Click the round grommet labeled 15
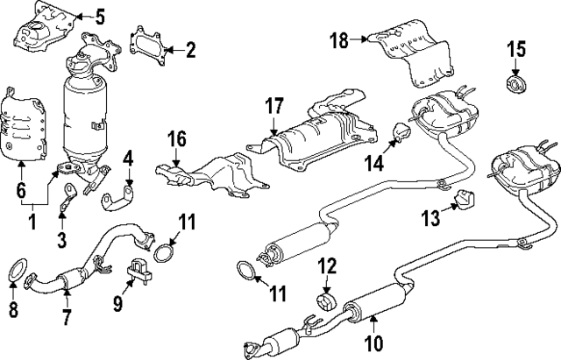click(515, 85)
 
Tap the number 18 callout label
click(338, 40)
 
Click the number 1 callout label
click(32, 225)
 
